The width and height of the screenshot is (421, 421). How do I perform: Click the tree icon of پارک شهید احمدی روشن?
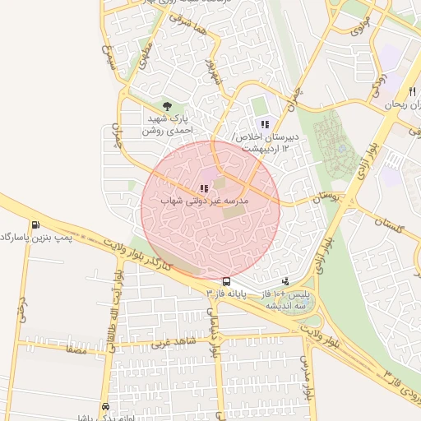(168, 106)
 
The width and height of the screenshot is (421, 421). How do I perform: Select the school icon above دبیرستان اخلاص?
(265, 124)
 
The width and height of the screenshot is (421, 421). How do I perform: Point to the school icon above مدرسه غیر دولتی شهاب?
(204, 188)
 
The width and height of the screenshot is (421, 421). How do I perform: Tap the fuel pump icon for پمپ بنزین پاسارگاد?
(35, 225)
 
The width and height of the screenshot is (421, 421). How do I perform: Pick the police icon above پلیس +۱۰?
(285, 280)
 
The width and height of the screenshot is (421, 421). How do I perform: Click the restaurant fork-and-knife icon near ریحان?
(411, 91)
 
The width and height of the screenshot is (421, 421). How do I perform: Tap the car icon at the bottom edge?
(106, 407)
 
